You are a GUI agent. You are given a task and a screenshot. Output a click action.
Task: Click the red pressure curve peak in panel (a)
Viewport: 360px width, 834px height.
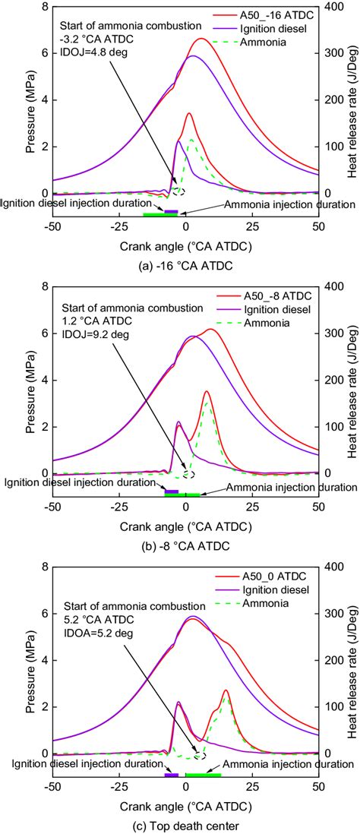point(201,39)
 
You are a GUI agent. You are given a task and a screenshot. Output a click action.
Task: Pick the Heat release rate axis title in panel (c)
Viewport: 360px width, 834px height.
point(351,671)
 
